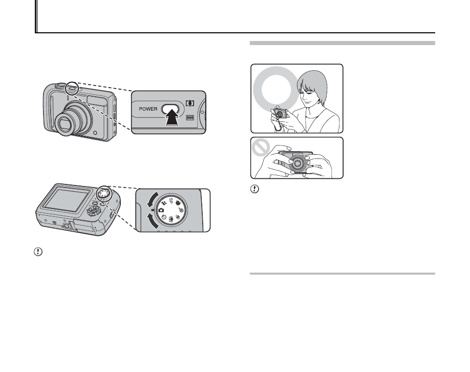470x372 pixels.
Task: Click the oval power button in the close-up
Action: coord(171,109)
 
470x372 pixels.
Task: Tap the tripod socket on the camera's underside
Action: coord(65,225)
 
